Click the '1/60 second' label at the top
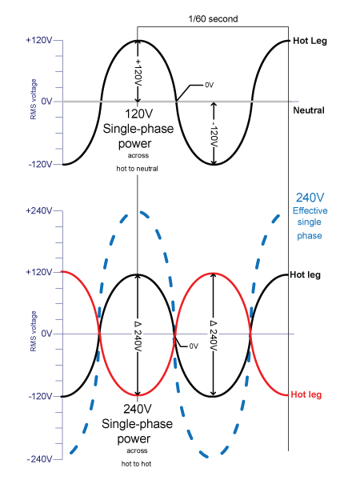point(213,19)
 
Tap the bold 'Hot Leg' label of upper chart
point(310,41)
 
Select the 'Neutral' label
point(309,110)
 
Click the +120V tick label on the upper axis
point(39,40)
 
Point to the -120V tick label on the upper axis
point(40,164)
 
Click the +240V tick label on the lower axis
point(39,210)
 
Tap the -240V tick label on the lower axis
point(39,459)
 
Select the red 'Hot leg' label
point(306,395)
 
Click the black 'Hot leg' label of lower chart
point(305,275)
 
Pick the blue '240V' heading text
point(310,198)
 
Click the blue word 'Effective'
point(310,210)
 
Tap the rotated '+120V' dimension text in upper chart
point(138,73)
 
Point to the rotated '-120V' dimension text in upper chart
point(214,134)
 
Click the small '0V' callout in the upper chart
point(210,85)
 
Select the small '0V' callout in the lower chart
point(194,346)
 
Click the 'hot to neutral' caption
point(138,169)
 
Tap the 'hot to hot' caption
point(136,464)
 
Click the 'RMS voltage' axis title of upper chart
point(34,99)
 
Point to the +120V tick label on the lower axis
point(39,272)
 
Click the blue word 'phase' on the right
point(310,235)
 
